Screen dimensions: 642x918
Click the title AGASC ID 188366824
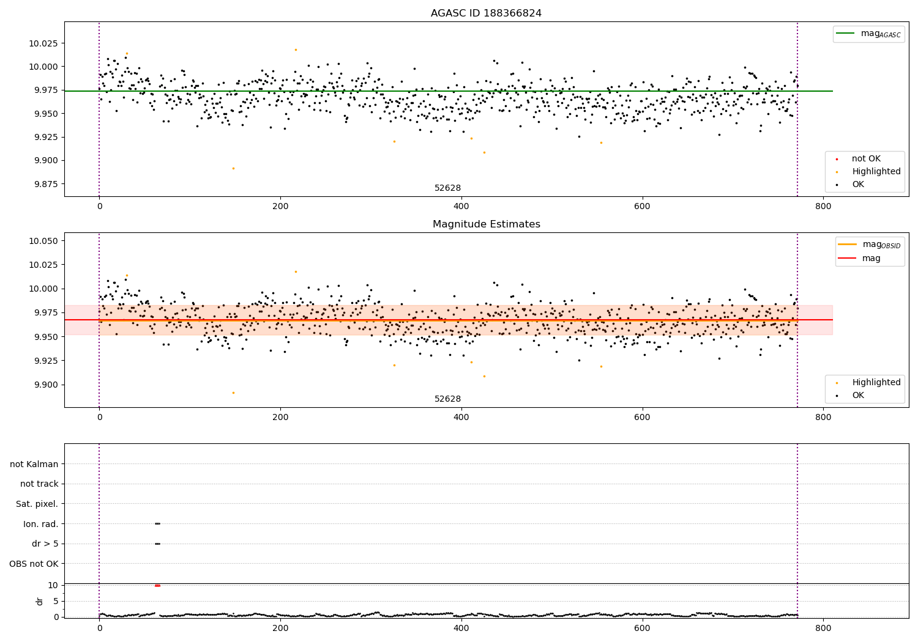click(x=486, y=13)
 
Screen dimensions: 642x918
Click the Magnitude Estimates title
click(x=486, y=224)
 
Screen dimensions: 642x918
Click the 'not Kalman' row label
click(x=34, y=464)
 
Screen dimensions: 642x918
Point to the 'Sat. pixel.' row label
click(x=37, y=504)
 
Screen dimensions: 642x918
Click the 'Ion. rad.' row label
click(x=40, y=524)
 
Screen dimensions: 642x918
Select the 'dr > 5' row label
click(x=45, y=544)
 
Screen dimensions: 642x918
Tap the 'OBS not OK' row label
click(x=34, y=564)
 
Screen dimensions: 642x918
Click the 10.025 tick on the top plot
click(x=43, y=43)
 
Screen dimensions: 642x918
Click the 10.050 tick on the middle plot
click(x=43, y=241)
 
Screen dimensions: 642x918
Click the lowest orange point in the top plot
click(x=233, y=168)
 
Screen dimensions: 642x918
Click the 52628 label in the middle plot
click(x=447, y=399)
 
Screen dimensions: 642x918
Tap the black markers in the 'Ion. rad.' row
click(x=157, y=523)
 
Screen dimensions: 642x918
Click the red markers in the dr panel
click(x=157, y=585)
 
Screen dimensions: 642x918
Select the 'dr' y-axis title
click(x=40, y=601)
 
